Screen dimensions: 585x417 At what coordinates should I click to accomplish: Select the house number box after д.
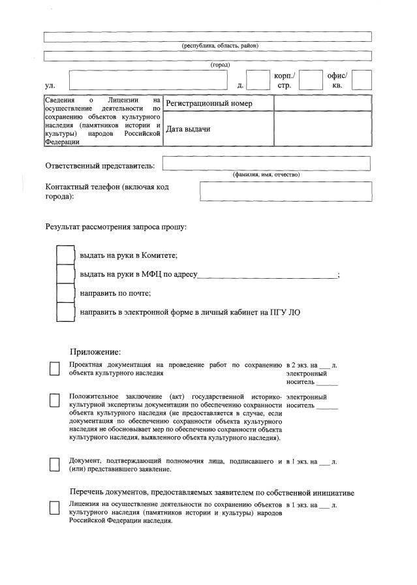(x=258, y=80)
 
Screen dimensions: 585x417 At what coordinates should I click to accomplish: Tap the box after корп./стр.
(x=311, y=80)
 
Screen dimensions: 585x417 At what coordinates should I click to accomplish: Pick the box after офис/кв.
(x=361, y=80)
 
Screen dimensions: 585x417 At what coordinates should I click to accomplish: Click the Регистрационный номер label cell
(x=217, y=104)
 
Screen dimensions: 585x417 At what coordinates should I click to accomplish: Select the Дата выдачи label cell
(x=217, y=129)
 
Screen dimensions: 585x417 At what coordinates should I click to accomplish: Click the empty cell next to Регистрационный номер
(x=322, y=104)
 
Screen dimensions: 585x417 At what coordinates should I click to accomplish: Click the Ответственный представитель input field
(x=266, y=163)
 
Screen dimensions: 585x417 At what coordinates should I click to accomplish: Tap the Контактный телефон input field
(x=285, y=191)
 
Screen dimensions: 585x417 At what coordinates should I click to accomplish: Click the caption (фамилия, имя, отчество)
(x=266, y=174)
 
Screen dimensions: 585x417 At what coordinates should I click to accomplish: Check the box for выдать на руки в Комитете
(x=65, y=255)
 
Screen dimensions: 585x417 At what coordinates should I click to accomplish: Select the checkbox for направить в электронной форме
(x=65, y=312)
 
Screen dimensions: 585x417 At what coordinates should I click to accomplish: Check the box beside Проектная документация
(x=55, y=369)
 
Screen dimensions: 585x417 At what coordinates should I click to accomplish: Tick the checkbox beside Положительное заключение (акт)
(x=55, y=400)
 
